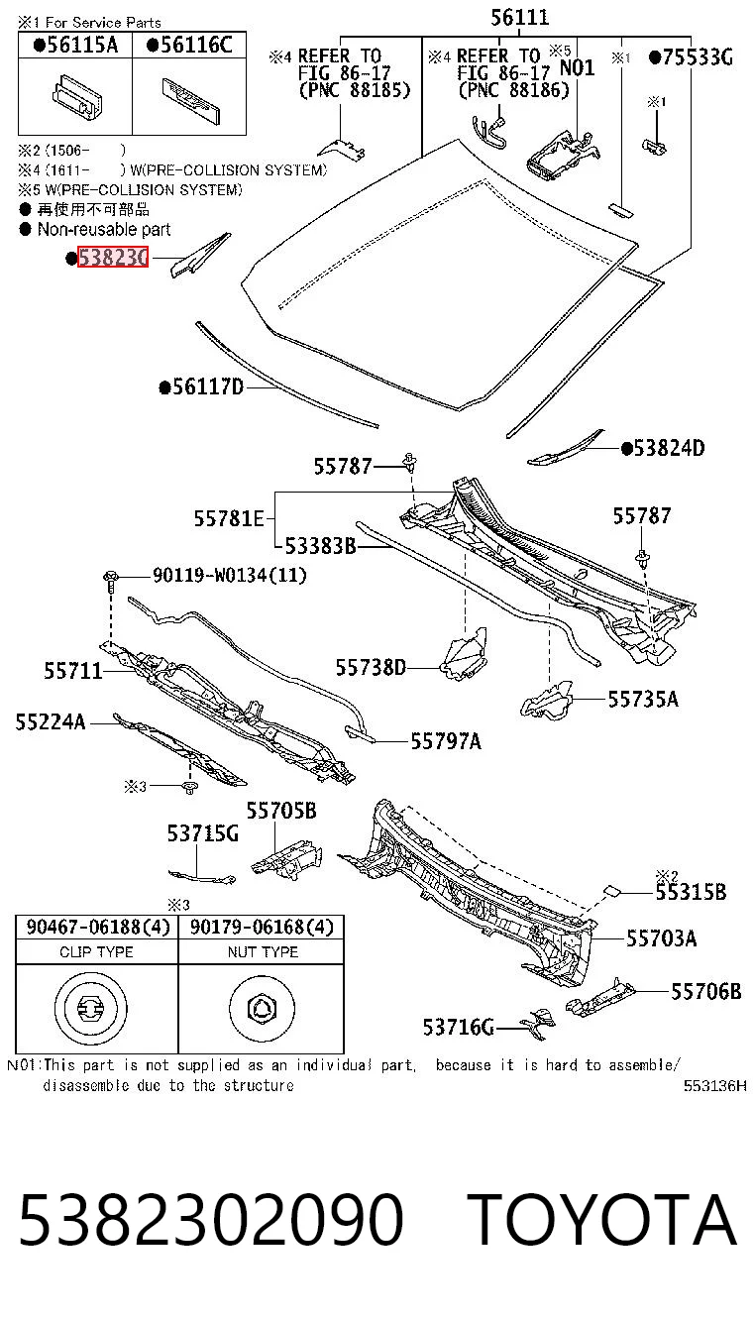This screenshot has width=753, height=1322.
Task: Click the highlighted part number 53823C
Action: pyautogui.click(x=113, y=258)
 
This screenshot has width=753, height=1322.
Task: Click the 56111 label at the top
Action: pyautogui.click(x=520, y=17)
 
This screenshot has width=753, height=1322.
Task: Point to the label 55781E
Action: pyautogui.click(x=229, y=518)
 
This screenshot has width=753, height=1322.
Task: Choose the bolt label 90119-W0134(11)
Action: pyautogui.click(x=230, y=575)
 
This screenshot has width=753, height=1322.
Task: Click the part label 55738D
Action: pyautogui.click(x=371, y=668)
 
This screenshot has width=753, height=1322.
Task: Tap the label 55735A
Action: pyautogui.click(x=643, y=700)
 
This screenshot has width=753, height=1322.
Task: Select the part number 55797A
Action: pyautogui.click(x=446, y=740)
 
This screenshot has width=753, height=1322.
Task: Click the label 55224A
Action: pyautogui.click(x=51, y=721)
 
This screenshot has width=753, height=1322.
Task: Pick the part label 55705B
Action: pyautogui.click(x=281, y=811)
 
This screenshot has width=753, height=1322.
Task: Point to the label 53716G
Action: pyautogui.click(x=458, y=1028)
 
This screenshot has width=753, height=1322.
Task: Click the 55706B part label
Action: pyautogui.click(x=705, y=991)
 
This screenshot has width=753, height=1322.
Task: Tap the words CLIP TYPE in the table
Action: pyautogui.click(x=96, y=952)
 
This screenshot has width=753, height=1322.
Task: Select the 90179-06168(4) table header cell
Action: pyautogui.click(x=262, y=928)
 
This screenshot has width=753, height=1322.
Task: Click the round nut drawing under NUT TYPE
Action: pyautogui.click(x=261, y=1008)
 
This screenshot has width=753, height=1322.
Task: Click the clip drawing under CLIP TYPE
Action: pyautogui.click(x=90, y=1008)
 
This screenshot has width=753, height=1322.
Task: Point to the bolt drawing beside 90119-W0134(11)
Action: pyautogui.click(x=110, y=582)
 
